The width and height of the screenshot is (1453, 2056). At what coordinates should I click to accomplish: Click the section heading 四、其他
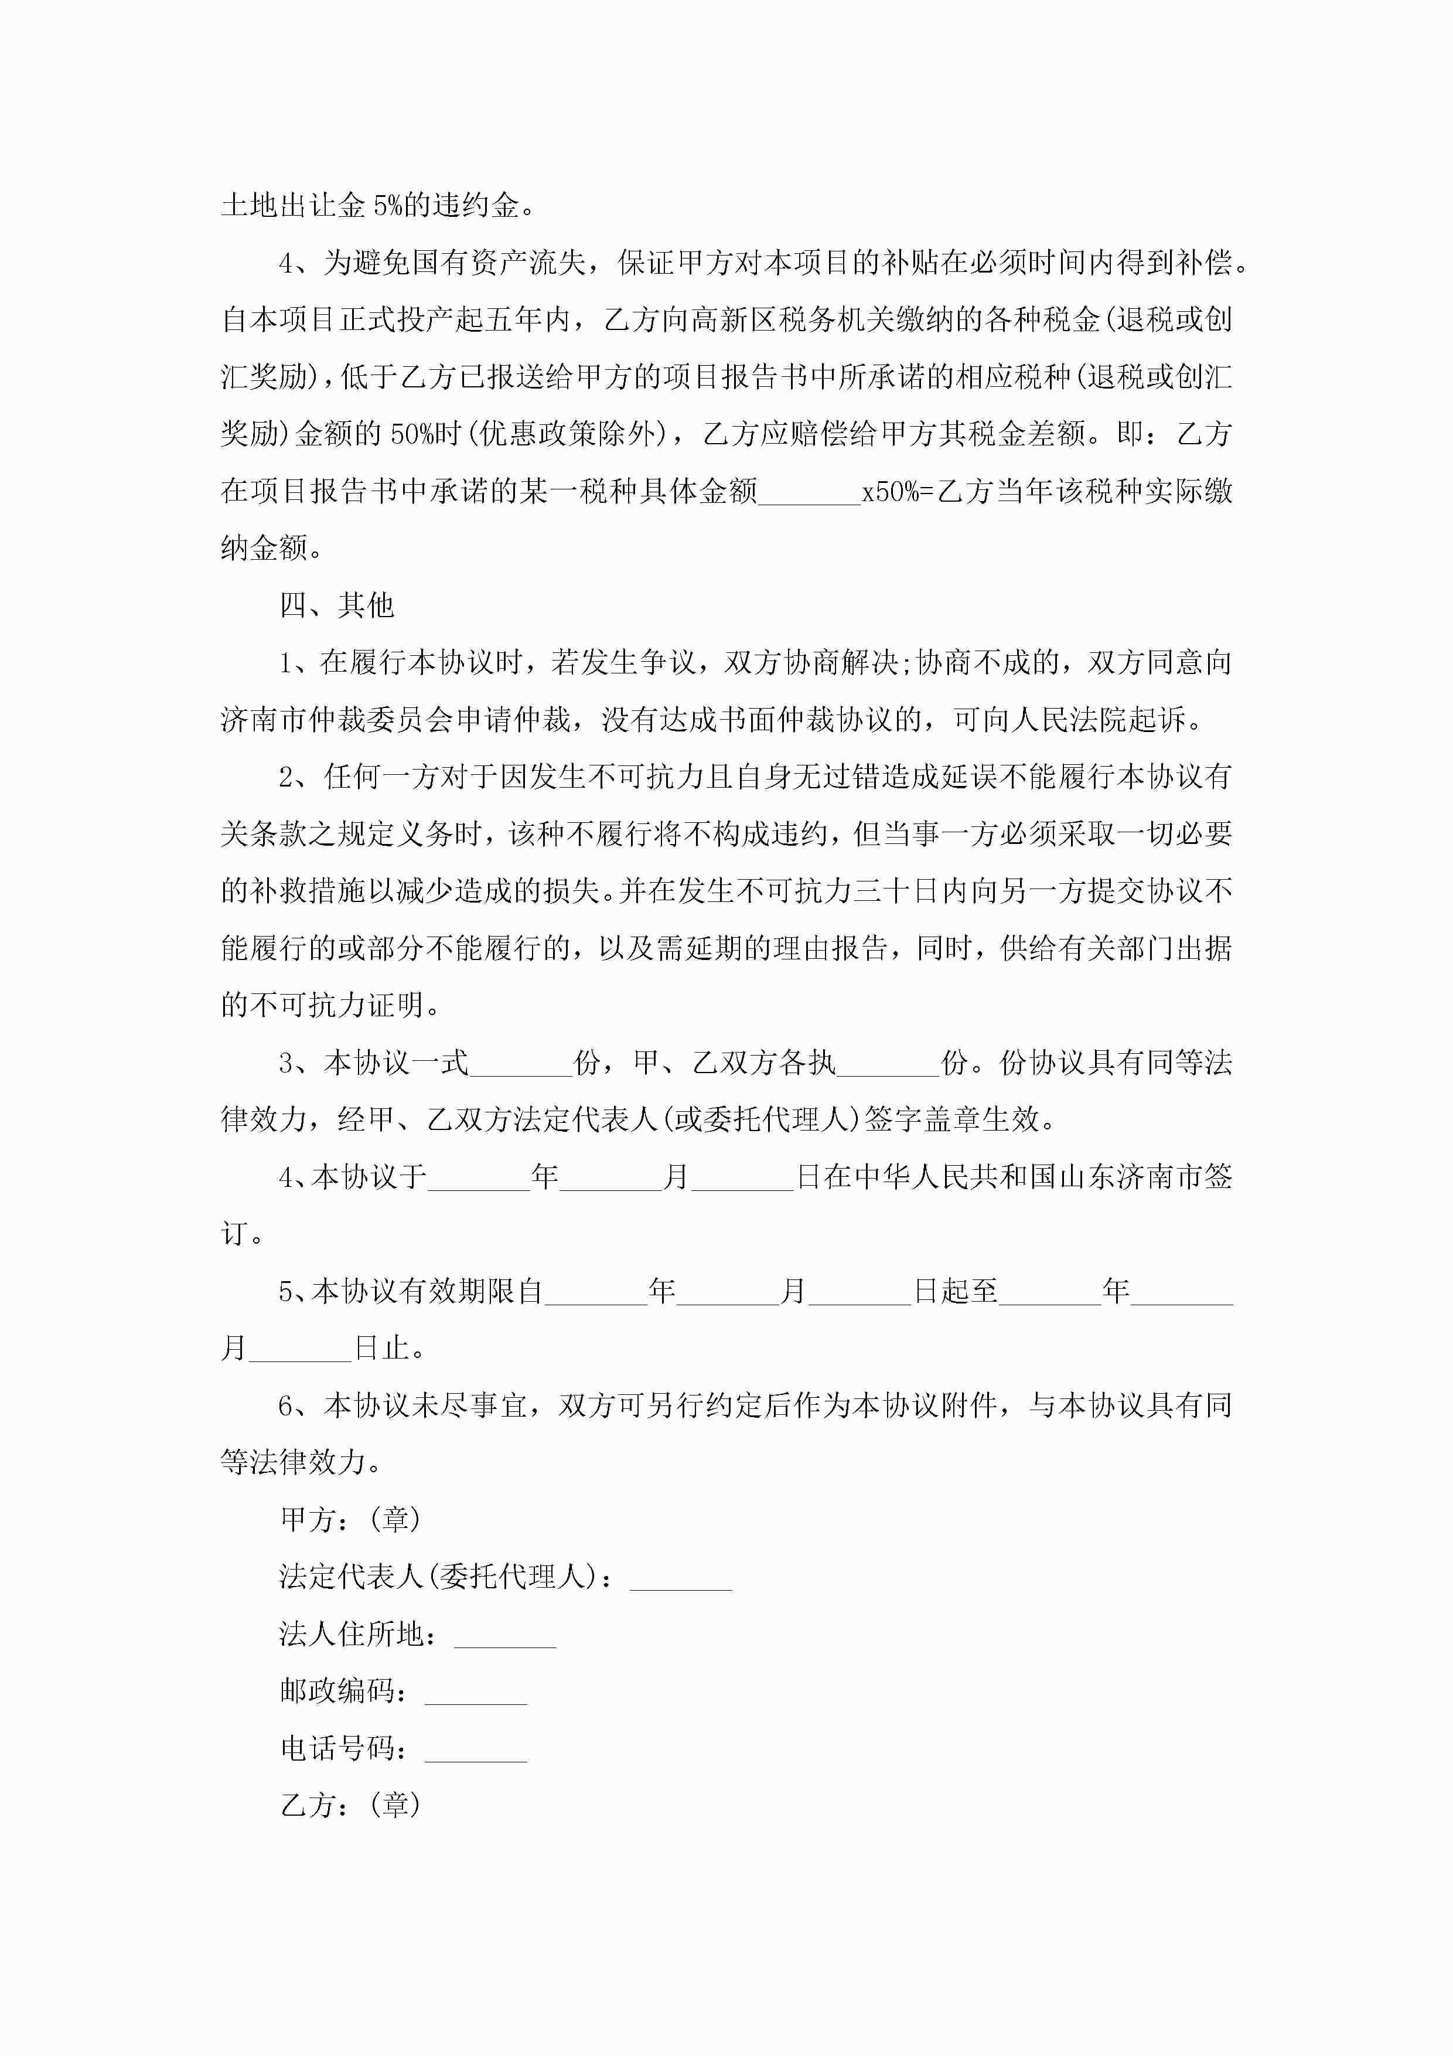tap(337, 606)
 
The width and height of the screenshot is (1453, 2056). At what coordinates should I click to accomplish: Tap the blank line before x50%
tap(809, 492)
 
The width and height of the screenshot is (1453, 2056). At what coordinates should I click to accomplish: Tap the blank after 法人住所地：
tap(505, 1635)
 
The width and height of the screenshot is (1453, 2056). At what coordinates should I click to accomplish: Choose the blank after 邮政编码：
tap(475, 1693)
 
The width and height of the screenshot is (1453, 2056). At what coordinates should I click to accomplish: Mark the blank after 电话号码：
tap(475, 1749)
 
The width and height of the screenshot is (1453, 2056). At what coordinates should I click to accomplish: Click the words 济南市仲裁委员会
tap(337, 720)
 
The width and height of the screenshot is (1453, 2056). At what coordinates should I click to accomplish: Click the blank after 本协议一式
tap(521, 1064)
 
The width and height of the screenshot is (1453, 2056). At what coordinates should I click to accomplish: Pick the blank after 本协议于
tap(479, 1177)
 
